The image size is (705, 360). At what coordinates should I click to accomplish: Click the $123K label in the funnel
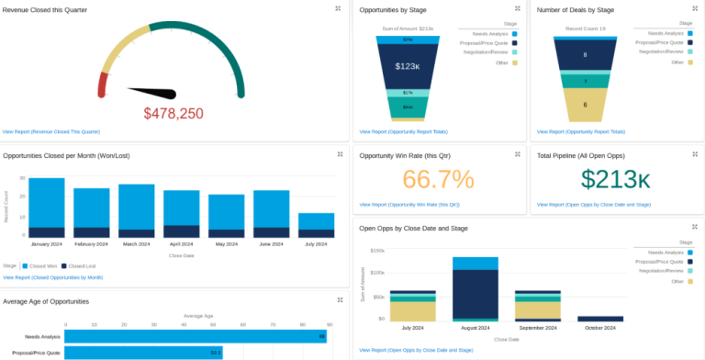[x=407, y=66]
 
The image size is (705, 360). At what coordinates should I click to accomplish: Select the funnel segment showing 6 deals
[x=585, y=105]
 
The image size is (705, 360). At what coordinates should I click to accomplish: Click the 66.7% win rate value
[x=438, y=179]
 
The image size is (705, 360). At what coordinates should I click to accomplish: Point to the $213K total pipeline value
[x=615, y=179]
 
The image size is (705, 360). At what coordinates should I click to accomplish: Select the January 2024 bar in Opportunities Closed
[x=47, y=208]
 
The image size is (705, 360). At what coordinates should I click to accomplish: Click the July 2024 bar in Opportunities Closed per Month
[x=317, y=225]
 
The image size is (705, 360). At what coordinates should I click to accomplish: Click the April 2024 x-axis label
[x=182, y=244]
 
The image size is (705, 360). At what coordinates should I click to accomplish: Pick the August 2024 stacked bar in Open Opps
[x=475, y=289]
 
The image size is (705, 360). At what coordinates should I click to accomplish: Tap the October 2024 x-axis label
[x=600, y=328]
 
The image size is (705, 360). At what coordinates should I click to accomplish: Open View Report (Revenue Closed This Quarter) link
[x=51, y=131]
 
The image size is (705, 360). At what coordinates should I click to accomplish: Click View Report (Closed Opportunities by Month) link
[x=53, y=276]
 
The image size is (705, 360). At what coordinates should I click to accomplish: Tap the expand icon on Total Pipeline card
[x=693, y=153]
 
